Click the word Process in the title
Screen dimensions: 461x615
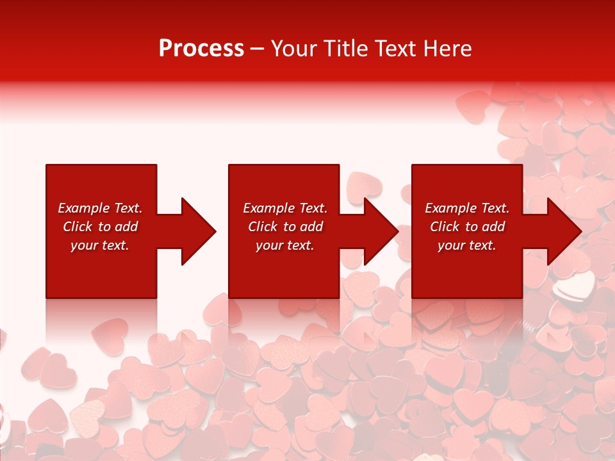click(x=201, y=49)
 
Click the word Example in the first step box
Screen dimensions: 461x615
click(x=83, y=208)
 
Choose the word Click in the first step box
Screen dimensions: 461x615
click(x=78, y=227)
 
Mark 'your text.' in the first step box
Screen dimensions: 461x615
click(x=100, y=245)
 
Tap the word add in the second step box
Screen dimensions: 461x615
click(x=311, y=227)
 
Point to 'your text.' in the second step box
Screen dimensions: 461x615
click(x=284, y=245)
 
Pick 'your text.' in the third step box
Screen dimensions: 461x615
click(x=466, y=245)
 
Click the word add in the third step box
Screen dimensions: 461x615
click(x=493, y=227)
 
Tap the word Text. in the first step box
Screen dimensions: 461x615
click(x=127, y=208)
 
